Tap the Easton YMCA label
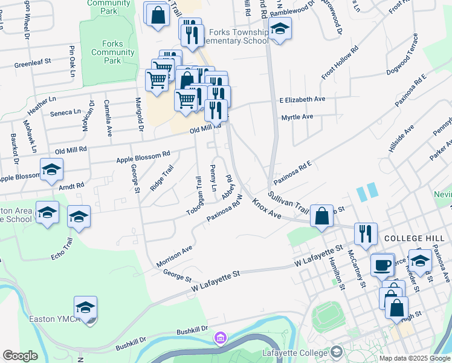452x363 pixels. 53,319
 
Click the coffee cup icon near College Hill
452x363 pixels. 382,264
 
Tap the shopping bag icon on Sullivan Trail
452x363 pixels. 322,215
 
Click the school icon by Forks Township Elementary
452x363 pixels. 280,28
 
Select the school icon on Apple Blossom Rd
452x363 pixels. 51,169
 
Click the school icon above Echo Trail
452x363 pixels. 79,217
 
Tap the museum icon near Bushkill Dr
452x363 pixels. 221,337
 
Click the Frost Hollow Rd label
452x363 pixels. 340,62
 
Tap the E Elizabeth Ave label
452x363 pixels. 302,99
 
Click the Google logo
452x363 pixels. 21,355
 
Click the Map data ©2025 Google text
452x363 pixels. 414,358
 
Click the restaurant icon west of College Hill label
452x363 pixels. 364,233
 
